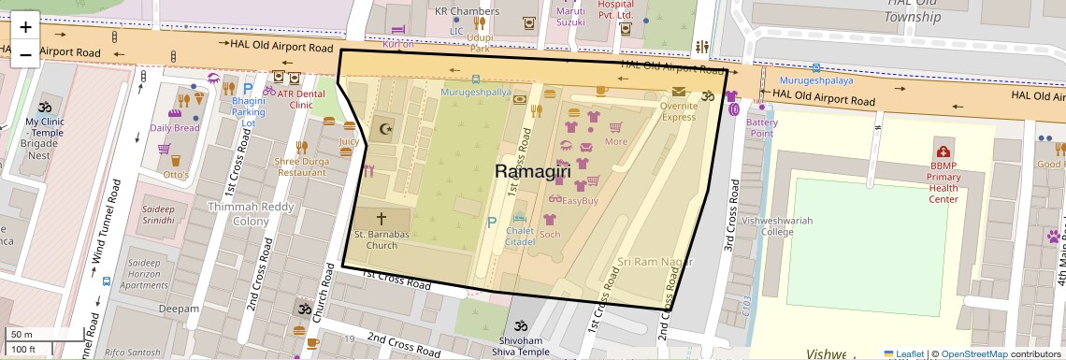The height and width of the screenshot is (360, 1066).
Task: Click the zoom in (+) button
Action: click(x=25, y=26)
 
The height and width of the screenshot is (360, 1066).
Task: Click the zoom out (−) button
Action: click(x=25, y=54)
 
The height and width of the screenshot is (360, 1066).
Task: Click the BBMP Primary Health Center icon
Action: click(x=944, y=151)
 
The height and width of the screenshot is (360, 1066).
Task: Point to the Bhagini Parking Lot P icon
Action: click(x=248, y=89)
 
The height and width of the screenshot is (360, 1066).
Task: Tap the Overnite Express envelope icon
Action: click(x=677, y=92)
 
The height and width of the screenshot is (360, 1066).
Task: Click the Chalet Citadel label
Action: click(x=519, y=237)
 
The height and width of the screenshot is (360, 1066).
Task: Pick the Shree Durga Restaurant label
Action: click(x=300, y=166)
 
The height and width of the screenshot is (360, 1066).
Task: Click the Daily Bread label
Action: click(x=175, y=128)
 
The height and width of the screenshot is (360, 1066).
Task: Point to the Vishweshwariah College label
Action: click(x=765, y=226)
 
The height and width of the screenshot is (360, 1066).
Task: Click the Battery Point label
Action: click(x=761, y=128)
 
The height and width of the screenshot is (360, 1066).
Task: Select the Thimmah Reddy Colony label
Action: click(x=238, y=214)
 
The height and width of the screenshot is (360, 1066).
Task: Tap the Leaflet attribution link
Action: click(x=903, y=353)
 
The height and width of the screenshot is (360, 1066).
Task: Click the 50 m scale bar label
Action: click(x=21, y=335)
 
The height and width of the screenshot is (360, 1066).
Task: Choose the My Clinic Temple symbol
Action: click(x=44, y=108)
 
